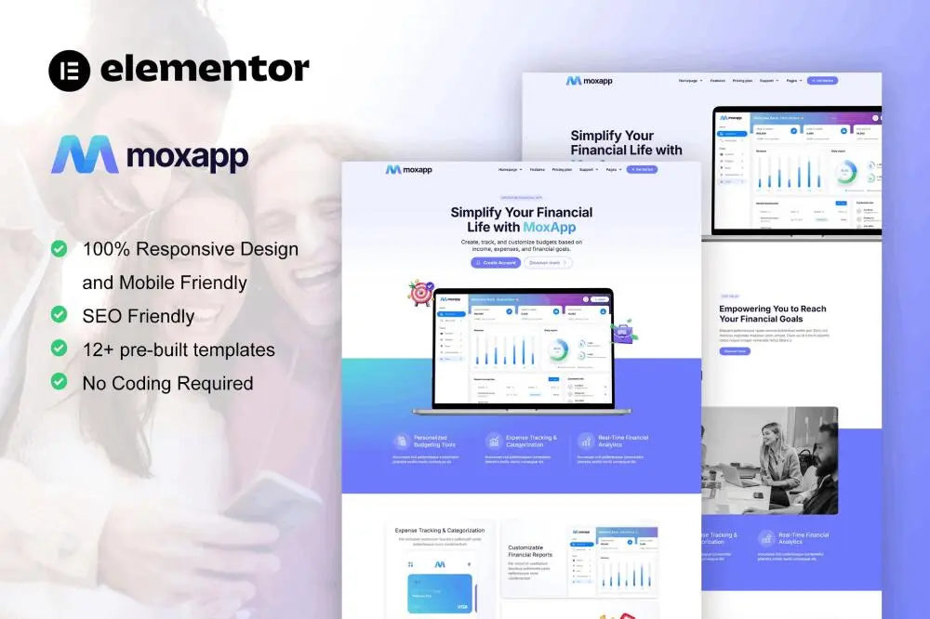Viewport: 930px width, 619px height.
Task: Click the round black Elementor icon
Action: click(x=69, y=70)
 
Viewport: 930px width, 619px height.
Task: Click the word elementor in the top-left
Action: click(x=204, y=69)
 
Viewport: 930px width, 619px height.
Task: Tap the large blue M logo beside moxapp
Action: click(x=85, y=154)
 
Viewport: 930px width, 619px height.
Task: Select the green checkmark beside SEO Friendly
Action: click(x=59, y=315)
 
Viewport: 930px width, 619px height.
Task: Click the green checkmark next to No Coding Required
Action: click(x=59, y=382)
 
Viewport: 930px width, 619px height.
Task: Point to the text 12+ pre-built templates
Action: click(x=179, y=349)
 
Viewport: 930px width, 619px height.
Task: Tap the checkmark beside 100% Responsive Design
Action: click(x=59, y=249)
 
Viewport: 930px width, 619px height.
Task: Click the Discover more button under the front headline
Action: click(x=548, y=263)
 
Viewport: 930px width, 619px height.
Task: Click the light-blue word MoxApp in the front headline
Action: click(x=549, y=227)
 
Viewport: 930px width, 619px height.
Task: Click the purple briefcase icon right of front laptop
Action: click(x=622, y=330)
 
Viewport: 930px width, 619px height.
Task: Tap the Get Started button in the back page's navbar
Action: click(x=822, y=81)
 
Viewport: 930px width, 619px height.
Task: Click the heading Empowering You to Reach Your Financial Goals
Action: click(x=772, y=313)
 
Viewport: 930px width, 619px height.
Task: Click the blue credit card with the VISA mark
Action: click(x=440, y=593)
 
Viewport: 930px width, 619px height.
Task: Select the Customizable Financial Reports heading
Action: click(x=530, y=550)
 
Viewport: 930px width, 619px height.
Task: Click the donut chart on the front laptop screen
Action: click(x=559, y=349)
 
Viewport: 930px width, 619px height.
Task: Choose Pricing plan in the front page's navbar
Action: click(x=563, y=170)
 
